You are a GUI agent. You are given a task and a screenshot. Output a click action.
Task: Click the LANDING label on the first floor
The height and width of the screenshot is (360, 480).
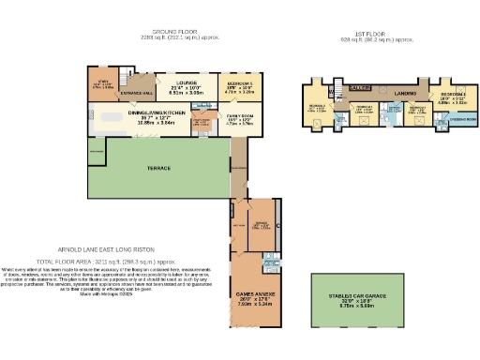(x=405, y=94)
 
